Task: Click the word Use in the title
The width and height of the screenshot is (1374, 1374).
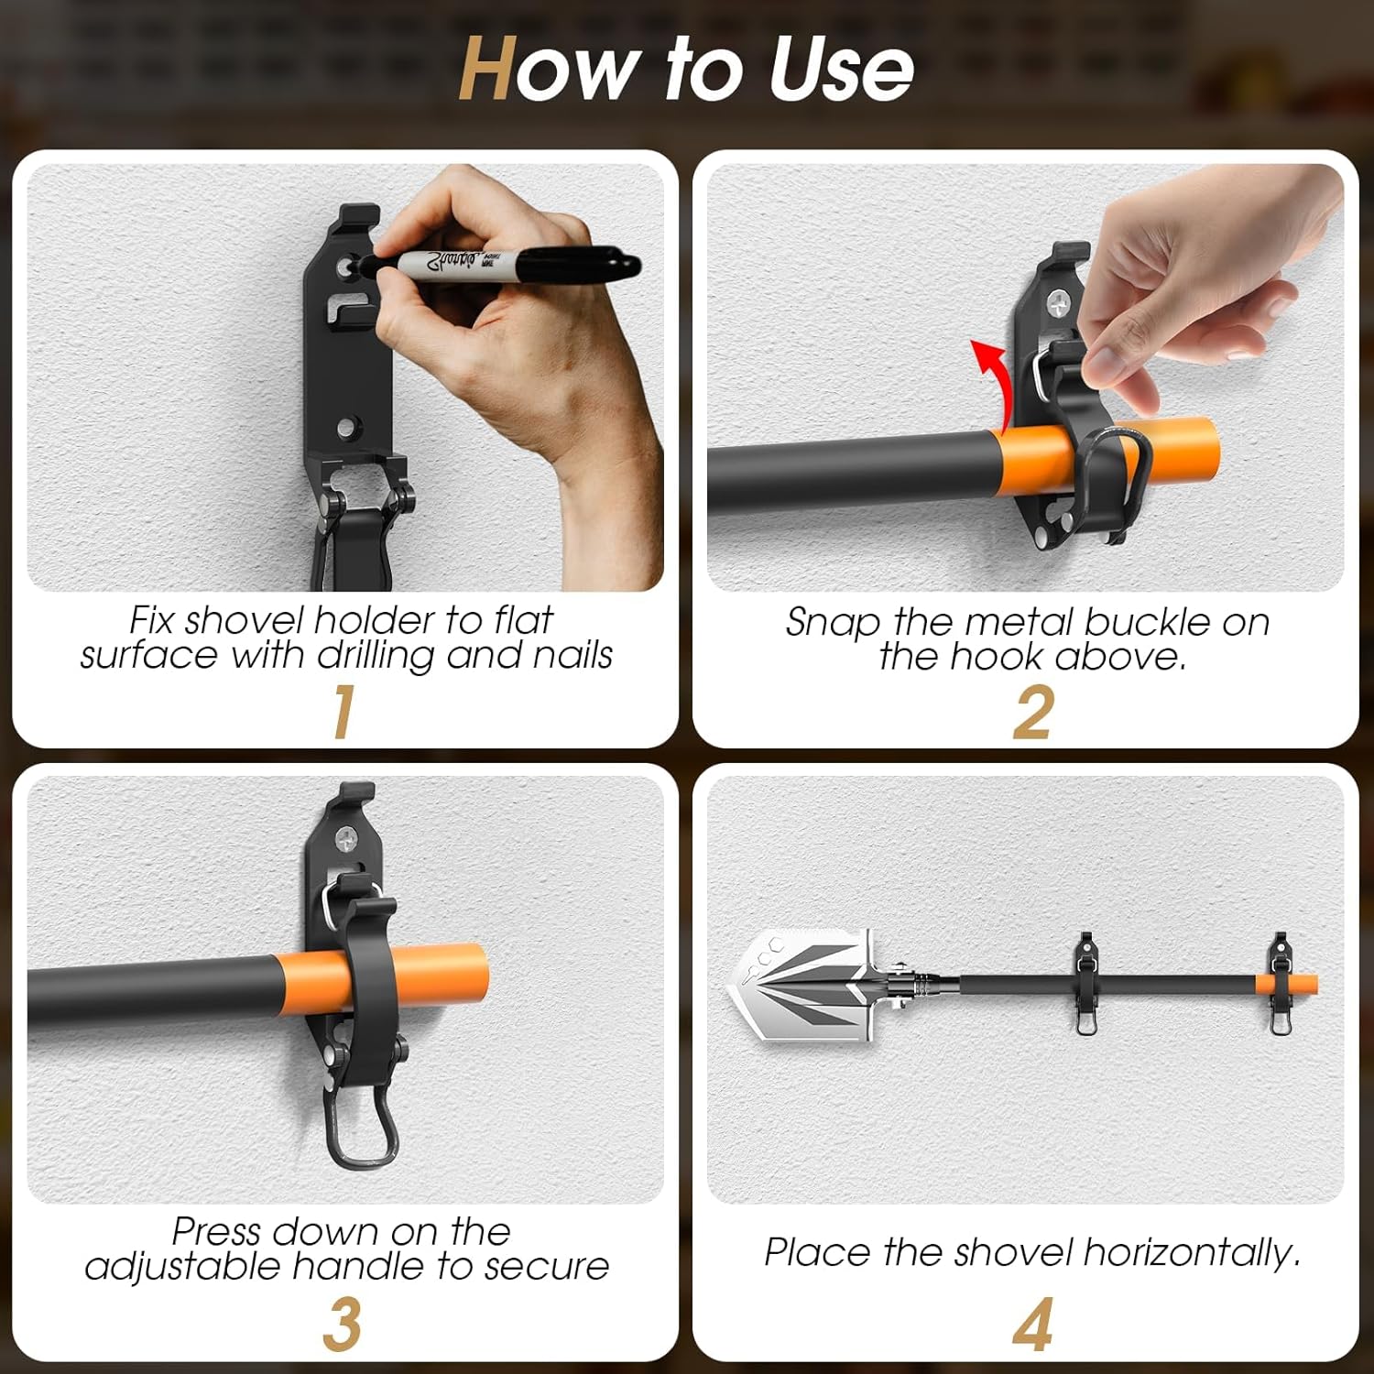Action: click(x=840, y=70)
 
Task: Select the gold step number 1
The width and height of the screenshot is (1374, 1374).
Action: click(x=343, y=712)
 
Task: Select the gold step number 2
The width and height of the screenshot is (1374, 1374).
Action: click(x=1032, y=713)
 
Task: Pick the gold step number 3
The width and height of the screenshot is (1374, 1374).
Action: click(x=342, y=1324)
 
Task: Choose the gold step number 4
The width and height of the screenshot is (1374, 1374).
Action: click(x=1032, y=1324)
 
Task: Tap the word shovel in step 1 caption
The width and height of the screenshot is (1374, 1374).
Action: click(x=244, y=620)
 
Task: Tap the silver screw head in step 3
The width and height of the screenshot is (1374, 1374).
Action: click(x=349, y=835)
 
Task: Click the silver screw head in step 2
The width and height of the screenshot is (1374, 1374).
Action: click(x=1061, y=300)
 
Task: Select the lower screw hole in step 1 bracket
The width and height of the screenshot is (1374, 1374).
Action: click(x=347, y=427)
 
